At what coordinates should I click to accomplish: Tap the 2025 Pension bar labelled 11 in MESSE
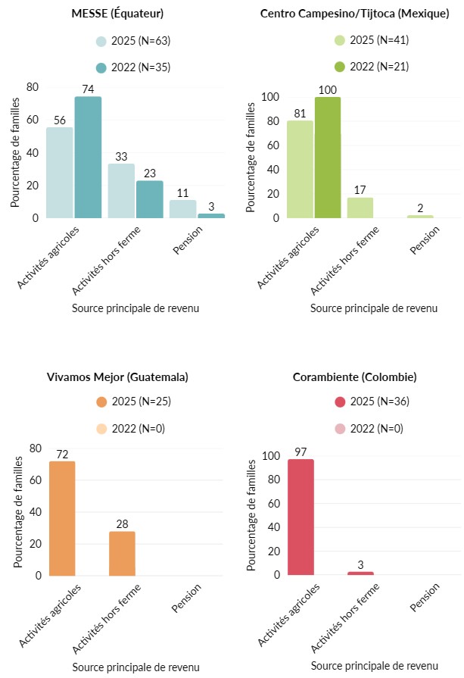click(x=182, y=209)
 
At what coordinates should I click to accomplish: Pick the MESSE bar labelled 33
click(x=121, y=191)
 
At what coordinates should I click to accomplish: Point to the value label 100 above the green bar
click(x=327, y=90)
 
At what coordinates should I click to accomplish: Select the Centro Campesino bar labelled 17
click(x=360, y=208)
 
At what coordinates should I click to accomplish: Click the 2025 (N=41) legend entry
click(x=370, y=42)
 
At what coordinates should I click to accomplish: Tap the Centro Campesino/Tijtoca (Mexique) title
click(x=354, y=14)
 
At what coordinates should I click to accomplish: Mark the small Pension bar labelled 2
click(x=420, y=217)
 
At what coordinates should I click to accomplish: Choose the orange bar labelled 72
click(x=62, y=518)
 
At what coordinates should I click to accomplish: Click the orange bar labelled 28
click(x=122, y=553)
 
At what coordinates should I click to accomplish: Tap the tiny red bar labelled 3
click(x=360, y=573)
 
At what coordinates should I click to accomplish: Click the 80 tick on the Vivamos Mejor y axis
click(x=35, y=448)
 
